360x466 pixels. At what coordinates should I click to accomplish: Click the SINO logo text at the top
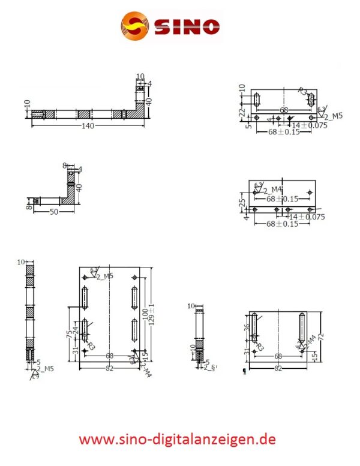pyautogui.click(x=187, y=27)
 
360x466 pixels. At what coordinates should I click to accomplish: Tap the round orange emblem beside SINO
pyautogui.click(x=136, y=26)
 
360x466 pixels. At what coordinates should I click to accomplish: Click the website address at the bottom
pyautogui.click(x=178, y=439)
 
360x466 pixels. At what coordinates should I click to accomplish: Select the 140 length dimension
pyautogui.click(x=88, y=125)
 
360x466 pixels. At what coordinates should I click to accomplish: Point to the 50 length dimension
pyautogui.click(x=53, y=212)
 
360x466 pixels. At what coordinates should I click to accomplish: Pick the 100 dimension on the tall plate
pyautogui.click(x=145, y=314)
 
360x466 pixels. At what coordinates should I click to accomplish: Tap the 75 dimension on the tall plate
pyautogui.click(x=70, y=330)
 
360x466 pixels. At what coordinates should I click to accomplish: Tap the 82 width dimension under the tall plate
pyautogui.click(x=109, y=368)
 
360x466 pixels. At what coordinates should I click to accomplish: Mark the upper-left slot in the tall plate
pyautogui.click(x=85, y=296)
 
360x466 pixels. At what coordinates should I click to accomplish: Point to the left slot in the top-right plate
pyautogui.click(x=256, y=100)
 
